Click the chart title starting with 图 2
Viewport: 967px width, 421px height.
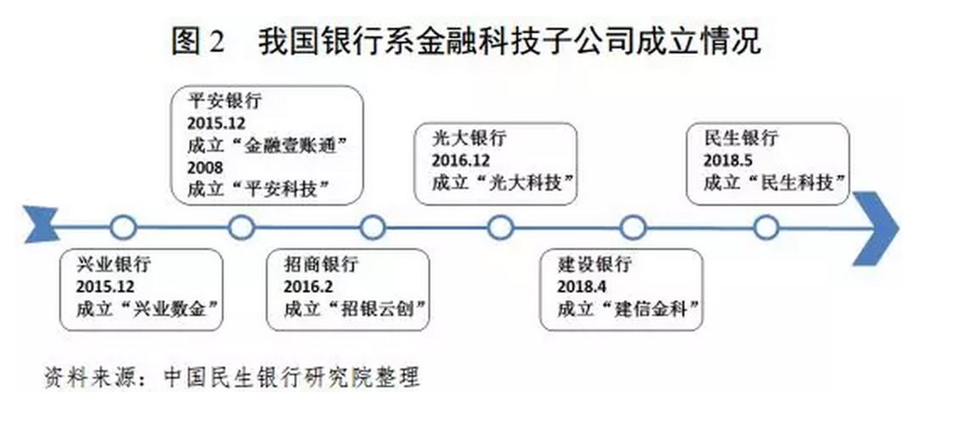coord(466,39)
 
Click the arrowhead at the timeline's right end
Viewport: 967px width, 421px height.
coord(876,227)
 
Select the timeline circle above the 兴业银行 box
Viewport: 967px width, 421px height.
coord(124,227)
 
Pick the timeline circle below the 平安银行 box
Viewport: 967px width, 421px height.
coord(242,227)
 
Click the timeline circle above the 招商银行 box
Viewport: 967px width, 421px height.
coord(373,227)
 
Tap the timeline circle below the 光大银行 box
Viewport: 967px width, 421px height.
coord(500,227)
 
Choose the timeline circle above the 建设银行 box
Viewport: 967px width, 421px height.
coord(633,227)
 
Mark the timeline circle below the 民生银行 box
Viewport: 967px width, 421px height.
coord(765,227)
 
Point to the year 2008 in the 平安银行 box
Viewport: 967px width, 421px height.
coord(206,167)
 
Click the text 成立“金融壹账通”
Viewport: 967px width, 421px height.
coord(268,145)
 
